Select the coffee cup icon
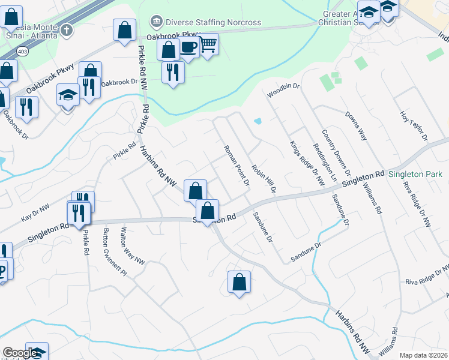[x=189, y=47]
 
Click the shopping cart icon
[x=208, y=43]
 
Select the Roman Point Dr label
[x=236, y=165]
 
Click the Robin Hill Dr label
[x=264, y=179]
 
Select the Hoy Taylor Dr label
[x=414, y=125]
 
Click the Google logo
[x=20, y=353]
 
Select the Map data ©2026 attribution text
[x=423, y=355]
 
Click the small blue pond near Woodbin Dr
[x=258, y=121]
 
